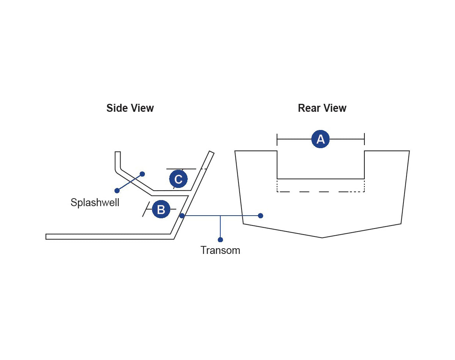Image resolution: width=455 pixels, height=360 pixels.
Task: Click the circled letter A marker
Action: point(320,139)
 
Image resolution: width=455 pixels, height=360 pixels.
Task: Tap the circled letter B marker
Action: point(161,210)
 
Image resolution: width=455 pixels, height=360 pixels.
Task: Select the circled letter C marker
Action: point(178,179)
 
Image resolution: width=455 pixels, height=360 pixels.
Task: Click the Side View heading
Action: point(130,108)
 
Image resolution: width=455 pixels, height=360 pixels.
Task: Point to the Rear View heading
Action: point(322,108)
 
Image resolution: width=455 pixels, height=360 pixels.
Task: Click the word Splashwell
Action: point(95,202)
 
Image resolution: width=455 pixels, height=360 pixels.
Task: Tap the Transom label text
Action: point(220,250)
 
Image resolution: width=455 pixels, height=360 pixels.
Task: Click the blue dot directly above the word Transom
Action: point(220,239)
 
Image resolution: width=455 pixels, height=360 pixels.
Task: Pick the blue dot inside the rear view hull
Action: point(260,216)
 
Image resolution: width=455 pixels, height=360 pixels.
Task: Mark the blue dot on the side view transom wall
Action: point(182,216)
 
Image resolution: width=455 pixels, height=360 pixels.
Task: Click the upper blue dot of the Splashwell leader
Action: point(142,174)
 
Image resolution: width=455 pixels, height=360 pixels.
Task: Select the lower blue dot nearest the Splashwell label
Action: point(117,191)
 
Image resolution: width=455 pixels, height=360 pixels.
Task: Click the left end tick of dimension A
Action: point(277,139)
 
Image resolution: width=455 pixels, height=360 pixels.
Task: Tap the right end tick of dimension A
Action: point(364,139)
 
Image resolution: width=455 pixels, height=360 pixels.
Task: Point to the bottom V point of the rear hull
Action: point(322,238)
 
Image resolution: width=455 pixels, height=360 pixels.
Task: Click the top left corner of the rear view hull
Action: point(235,151)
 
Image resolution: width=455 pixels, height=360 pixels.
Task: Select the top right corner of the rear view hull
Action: point(409,151)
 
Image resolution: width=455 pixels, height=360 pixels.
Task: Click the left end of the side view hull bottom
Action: point(46,236)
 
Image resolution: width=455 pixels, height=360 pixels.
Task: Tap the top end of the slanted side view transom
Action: point(212,152)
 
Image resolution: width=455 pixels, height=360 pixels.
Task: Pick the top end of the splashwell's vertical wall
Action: point(118,152)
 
